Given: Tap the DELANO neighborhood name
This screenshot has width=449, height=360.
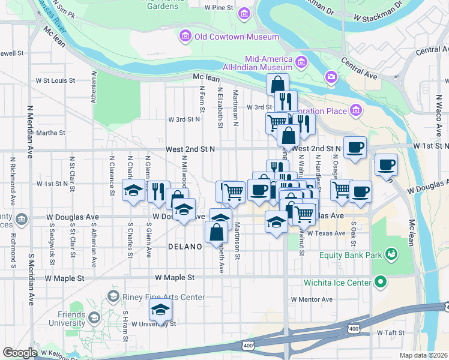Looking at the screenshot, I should (184, 247).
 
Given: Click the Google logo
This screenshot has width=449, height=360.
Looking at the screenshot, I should (20, 353).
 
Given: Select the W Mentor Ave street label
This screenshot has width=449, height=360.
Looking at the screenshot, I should (312, 299).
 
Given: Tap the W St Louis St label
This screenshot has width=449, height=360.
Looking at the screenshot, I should (55, 80).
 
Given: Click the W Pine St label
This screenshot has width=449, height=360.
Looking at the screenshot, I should (218, 8).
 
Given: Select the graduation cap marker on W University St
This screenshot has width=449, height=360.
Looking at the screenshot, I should (160, 310).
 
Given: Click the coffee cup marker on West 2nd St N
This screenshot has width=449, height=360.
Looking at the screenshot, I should (355, 147).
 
